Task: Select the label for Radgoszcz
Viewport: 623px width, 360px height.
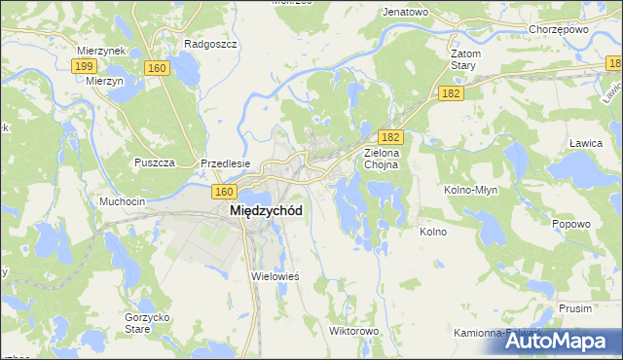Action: [x=205, y=44]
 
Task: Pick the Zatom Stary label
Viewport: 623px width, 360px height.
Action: [x=461, y=59]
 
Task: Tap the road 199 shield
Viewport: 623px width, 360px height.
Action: [x=84, y=65]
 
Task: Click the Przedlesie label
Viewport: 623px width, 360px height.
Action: [x=226, y=163]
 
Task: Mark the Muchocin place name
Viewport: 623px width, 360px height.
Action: [x=122, y=201]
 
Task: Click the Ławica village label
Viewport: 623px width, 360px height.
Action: [x=585, y=142]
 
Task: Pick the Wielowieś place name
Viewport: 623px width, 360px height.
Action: [x=275, y=276]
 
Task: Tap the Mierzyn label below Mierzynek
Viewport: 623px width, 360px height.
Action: [x=102, y=82]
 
